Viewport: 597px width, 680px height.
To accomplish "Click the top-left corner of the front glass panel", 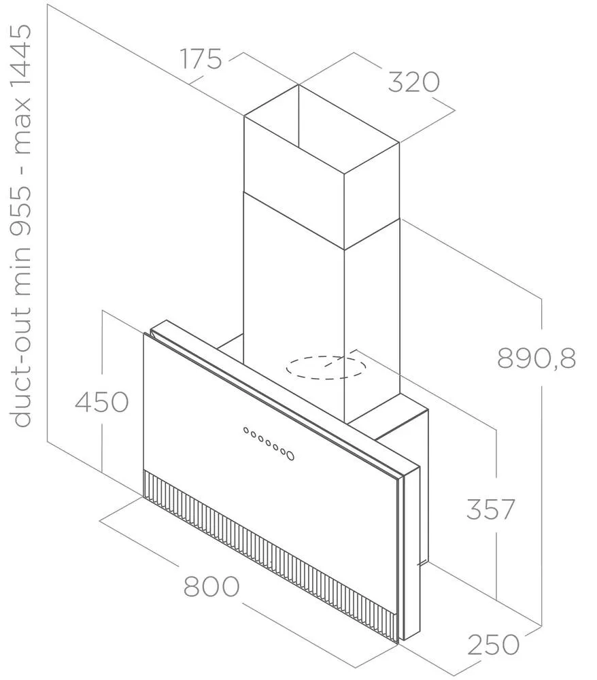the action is click(x=143, y=333).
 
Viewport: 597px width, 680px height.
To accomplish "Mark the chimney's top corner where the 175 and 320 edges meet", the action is click(x=298, y=84).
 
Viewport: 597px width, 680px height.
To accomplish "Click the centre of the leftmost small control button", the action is click(x=246, y=430).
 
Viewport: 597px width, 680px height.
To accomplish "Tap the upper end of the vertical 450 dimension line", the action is click(x=102, y=311).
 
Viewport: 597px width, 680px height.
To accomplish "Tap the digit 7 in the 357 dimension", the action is click(x=505, y=509).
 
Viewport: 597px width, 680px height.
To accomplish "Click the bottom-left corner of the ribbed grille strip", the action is click(x=143, y=498).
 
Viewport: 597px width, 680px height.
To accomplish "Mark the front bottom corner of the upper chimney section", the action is click(x=344, y=250).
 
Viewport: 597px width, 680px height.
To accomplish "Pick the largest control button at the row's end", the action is click(x=290, y=456).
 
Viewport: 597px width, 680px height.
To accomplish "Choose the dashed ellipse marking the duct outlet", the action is click(x=325, y=368).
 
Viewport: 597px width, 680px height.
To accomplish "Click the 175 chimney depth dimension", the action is click(x=201, y=59).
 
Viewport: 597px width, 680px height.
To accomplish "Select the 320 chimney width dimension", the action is click(x=413, y=82).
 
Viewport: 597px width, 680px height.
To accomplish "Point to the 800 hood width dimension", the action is click(x=211, y=586).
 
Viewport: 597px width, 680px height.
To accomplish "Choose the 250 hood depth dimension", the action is click(x=493, y=645).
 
